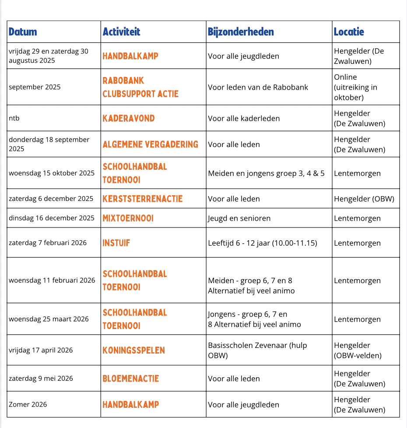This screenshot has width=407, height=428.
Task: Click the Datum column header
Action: (23, 32)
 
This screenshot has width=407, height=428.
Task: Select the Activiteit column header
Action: (122, 32)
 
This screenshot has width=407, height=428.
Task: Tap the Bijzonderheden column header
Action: (241, 32)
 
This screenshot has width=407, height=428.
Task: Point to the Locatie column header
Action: (349, 32)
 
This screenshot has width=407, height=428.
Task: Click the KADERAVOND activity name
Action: (129, 118)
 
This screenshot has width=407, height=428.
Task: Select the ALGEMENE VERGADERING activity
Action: (151, 144)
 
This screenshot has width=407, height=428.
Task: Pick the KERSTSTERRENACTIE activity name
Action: (143, 199)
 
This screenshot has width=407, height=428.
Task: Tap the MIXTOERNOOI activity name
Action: (128, 218)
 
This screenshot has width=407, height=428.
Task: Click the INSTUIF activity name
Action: (116, 243)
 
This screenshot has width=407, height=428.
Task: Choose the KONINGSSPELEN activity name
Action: (134, 350)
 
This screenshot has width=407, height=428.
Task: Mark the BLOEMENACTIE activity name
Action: (131, 379)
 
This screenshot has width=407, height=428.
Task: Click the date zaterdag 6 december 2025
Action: (51, 199)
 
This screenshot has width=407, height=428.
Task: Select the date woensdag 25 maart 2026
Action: (49, 319)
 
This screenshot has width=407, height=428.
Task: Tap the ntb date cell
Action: (14, 118)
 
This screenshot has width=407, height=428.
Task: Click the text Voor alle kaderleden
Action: (244, 118)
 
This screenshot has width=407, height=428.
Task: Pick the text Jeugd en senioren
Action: (239, 218)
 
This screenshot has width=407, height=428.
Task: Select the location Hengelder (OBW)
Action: (364, 199)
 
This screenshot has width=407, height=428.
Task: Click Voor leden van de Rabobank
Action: (258, 87)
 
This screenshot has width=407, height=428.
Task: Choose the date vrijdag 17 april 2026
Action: (41, 350)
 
